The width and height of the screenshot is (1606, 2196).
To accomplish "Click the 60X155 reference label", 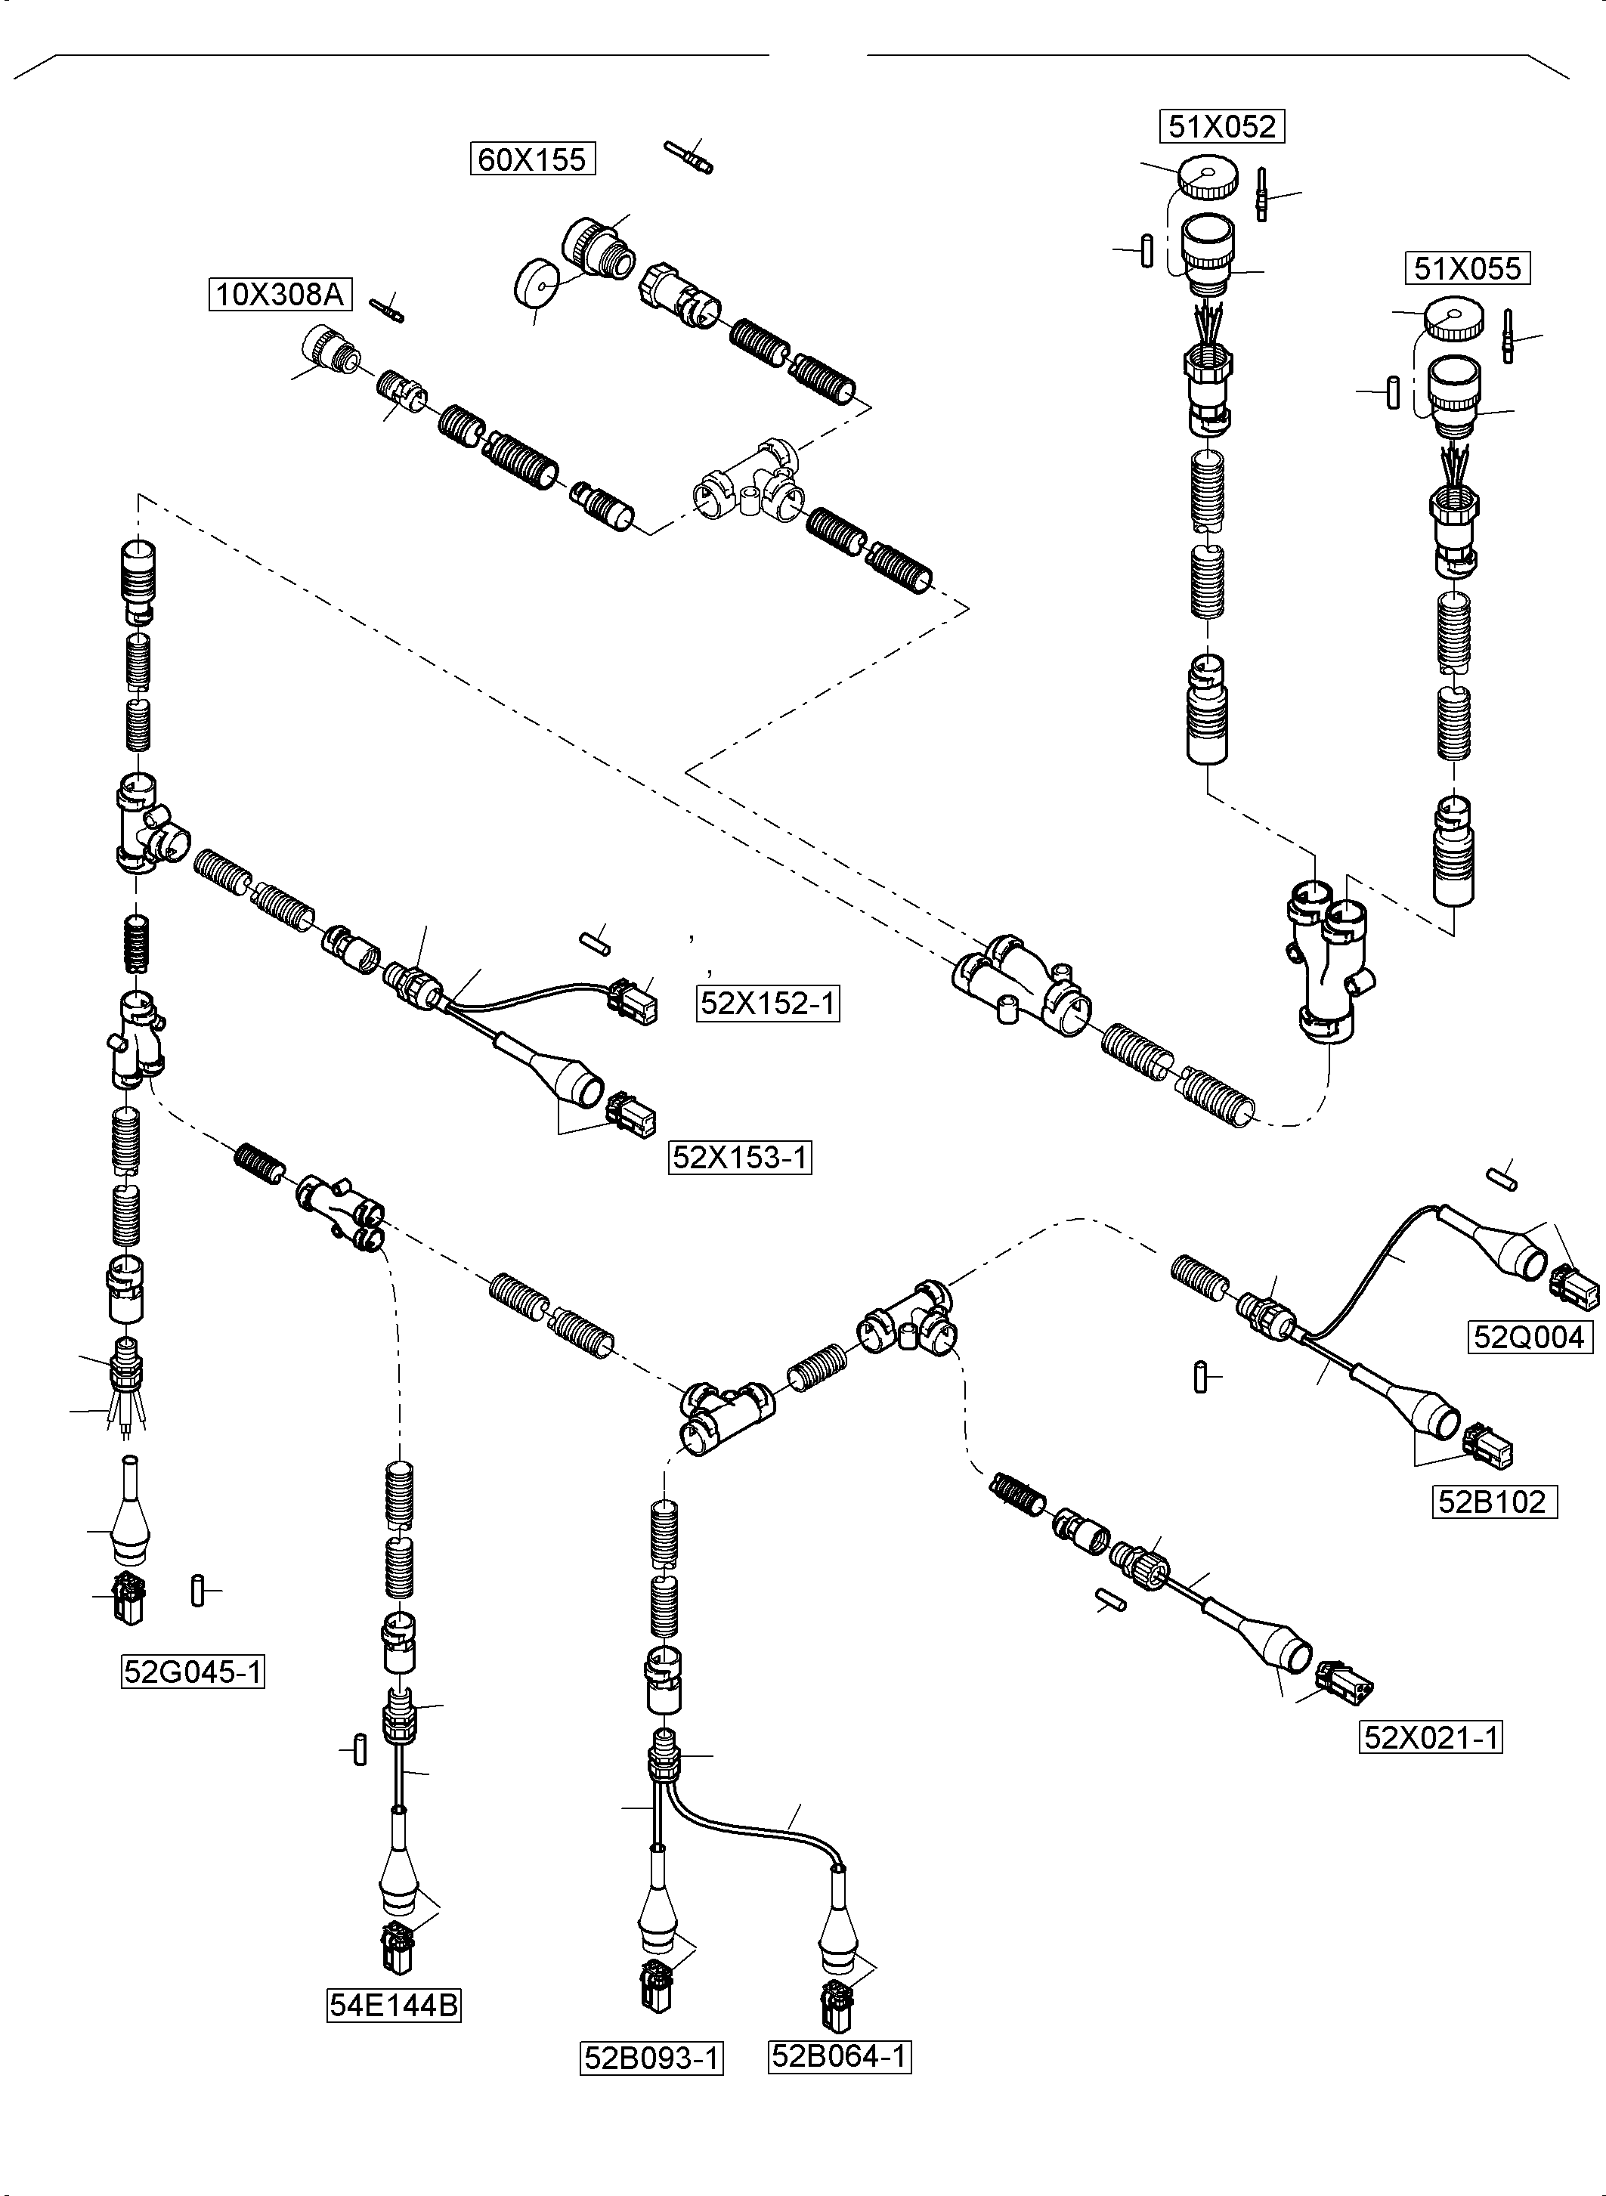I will (x=533, y=159).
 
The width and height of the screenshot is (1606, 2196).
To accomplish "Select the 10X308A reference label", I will (x=280, y=293).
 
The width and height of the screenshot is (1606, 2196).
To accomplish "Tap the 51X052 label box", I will (x=1222, y=126).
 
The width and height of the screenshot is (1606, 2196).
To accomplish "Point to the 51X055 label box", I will (x=1467, y=268).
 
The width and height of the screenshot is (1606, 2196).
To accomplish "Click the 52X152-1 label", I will (x=768, y=1004).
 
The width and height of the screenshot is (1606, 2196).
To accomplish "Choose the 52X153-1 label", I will (x=740, y=1158).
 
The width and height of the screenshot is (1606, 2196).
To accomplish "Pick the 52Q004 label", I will (x=1529, y=1338).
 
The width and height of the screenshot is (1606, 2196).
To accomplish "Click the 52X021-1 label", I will (x=1431, y=1737).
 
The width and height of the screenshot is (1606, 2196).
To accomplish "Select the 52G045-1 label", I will (x=193, y=1672).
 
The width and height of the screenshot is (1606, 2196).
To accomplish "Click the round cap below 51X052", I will (x=1208, y=178).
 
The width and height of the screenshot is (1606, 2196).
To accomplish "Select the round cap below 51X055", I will (x=1454, y=320).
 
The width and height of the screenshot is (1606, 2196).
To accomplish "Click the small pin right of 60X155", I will (x=689, y=156).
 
